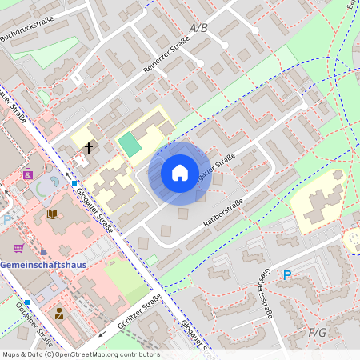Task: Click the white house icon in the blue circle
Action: (x=180, y=173)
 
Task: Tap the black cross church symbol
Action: (x=88, y=147)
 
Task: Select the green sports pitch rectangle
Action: (x=128, y=144)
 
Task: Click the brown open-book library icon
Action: (x=53, y=214)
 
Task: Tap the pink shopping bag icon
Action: (x=28, y=173)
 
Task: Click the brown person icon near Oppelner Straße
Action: (x=59, y=314)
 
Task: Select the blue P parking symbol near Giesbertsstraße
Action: (x=287, y=274)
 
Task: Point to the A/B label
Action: (x=198, y=28)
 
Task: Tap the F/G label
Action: (x=318, y=331)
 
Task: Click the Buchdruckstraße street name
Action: (x=27, y=26)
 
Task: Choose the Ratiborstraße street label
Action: (x=223, y=214)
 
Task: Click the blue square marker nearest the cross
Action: (x=74, y=183)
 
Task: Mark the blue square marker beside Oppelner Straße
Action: (x=27, y=302)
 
